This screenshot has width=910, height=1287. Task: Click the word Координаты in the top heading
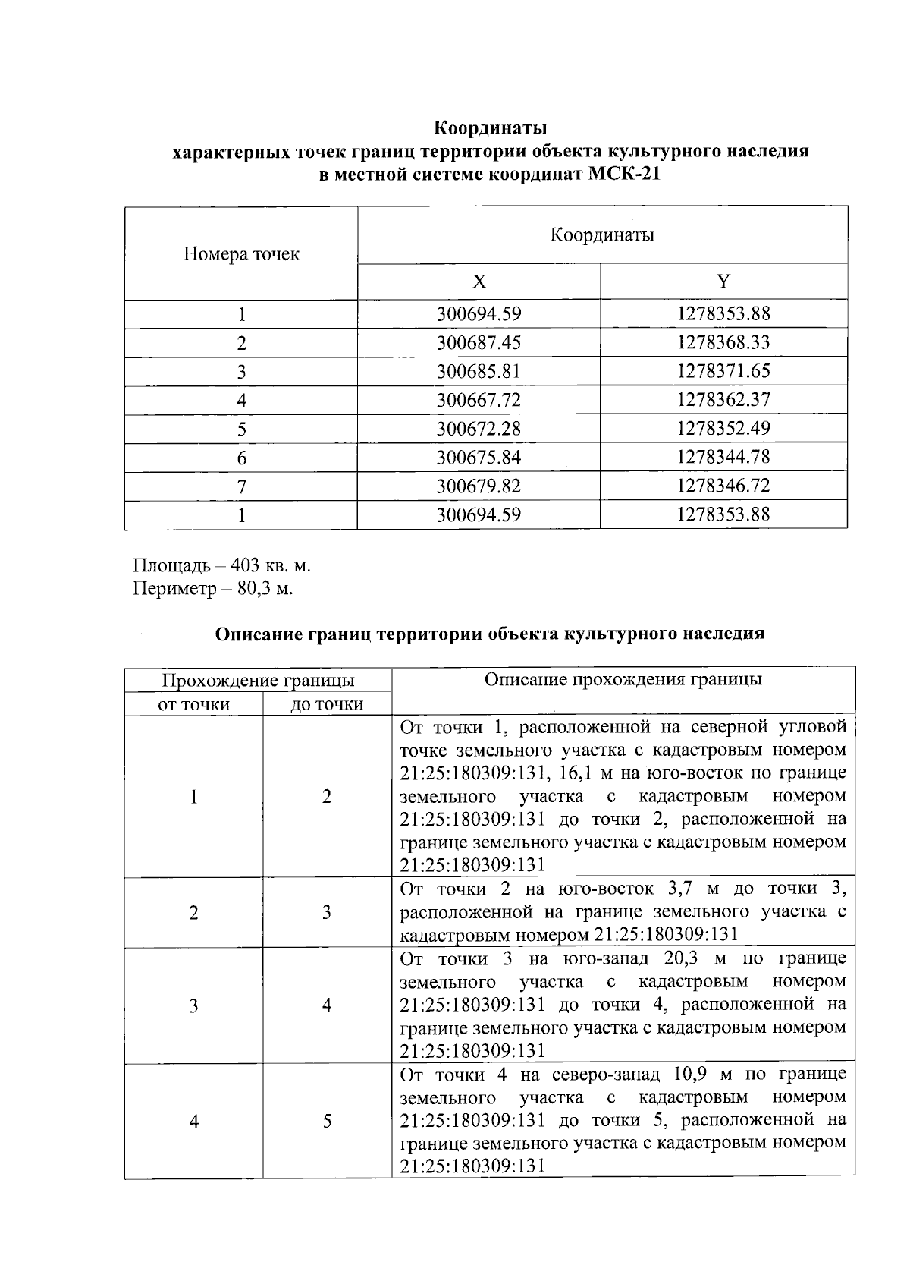491,127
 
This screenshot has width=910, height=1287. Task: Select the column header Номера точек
241,254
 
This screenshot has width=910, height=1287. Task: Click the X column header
479,282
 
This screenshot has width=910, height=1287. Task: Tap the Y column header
723,282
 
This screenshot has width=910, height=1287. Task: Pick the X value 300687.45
479,343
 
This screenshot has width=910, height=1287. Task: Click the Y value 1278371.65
723,371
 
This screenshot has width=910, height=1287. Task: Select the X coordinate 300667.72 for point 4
479,400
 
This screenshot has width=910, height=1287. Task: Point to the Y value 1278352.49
723,429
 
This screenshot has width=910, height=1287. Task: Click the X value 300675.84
479,458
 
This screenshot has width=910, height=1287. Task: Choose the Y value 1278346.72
723,486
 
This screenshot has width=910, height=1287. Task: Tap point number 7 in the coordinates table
241,486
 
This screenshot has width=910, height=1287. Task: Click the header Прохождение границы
259,680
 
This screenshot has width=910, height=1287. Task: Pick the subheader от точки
193,705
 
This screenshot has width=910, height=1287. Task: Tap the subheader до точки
327,705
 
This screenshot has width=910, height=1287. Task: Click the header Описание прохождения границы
623,679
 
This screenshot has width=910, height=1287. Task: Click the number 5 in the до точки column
327,1122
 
